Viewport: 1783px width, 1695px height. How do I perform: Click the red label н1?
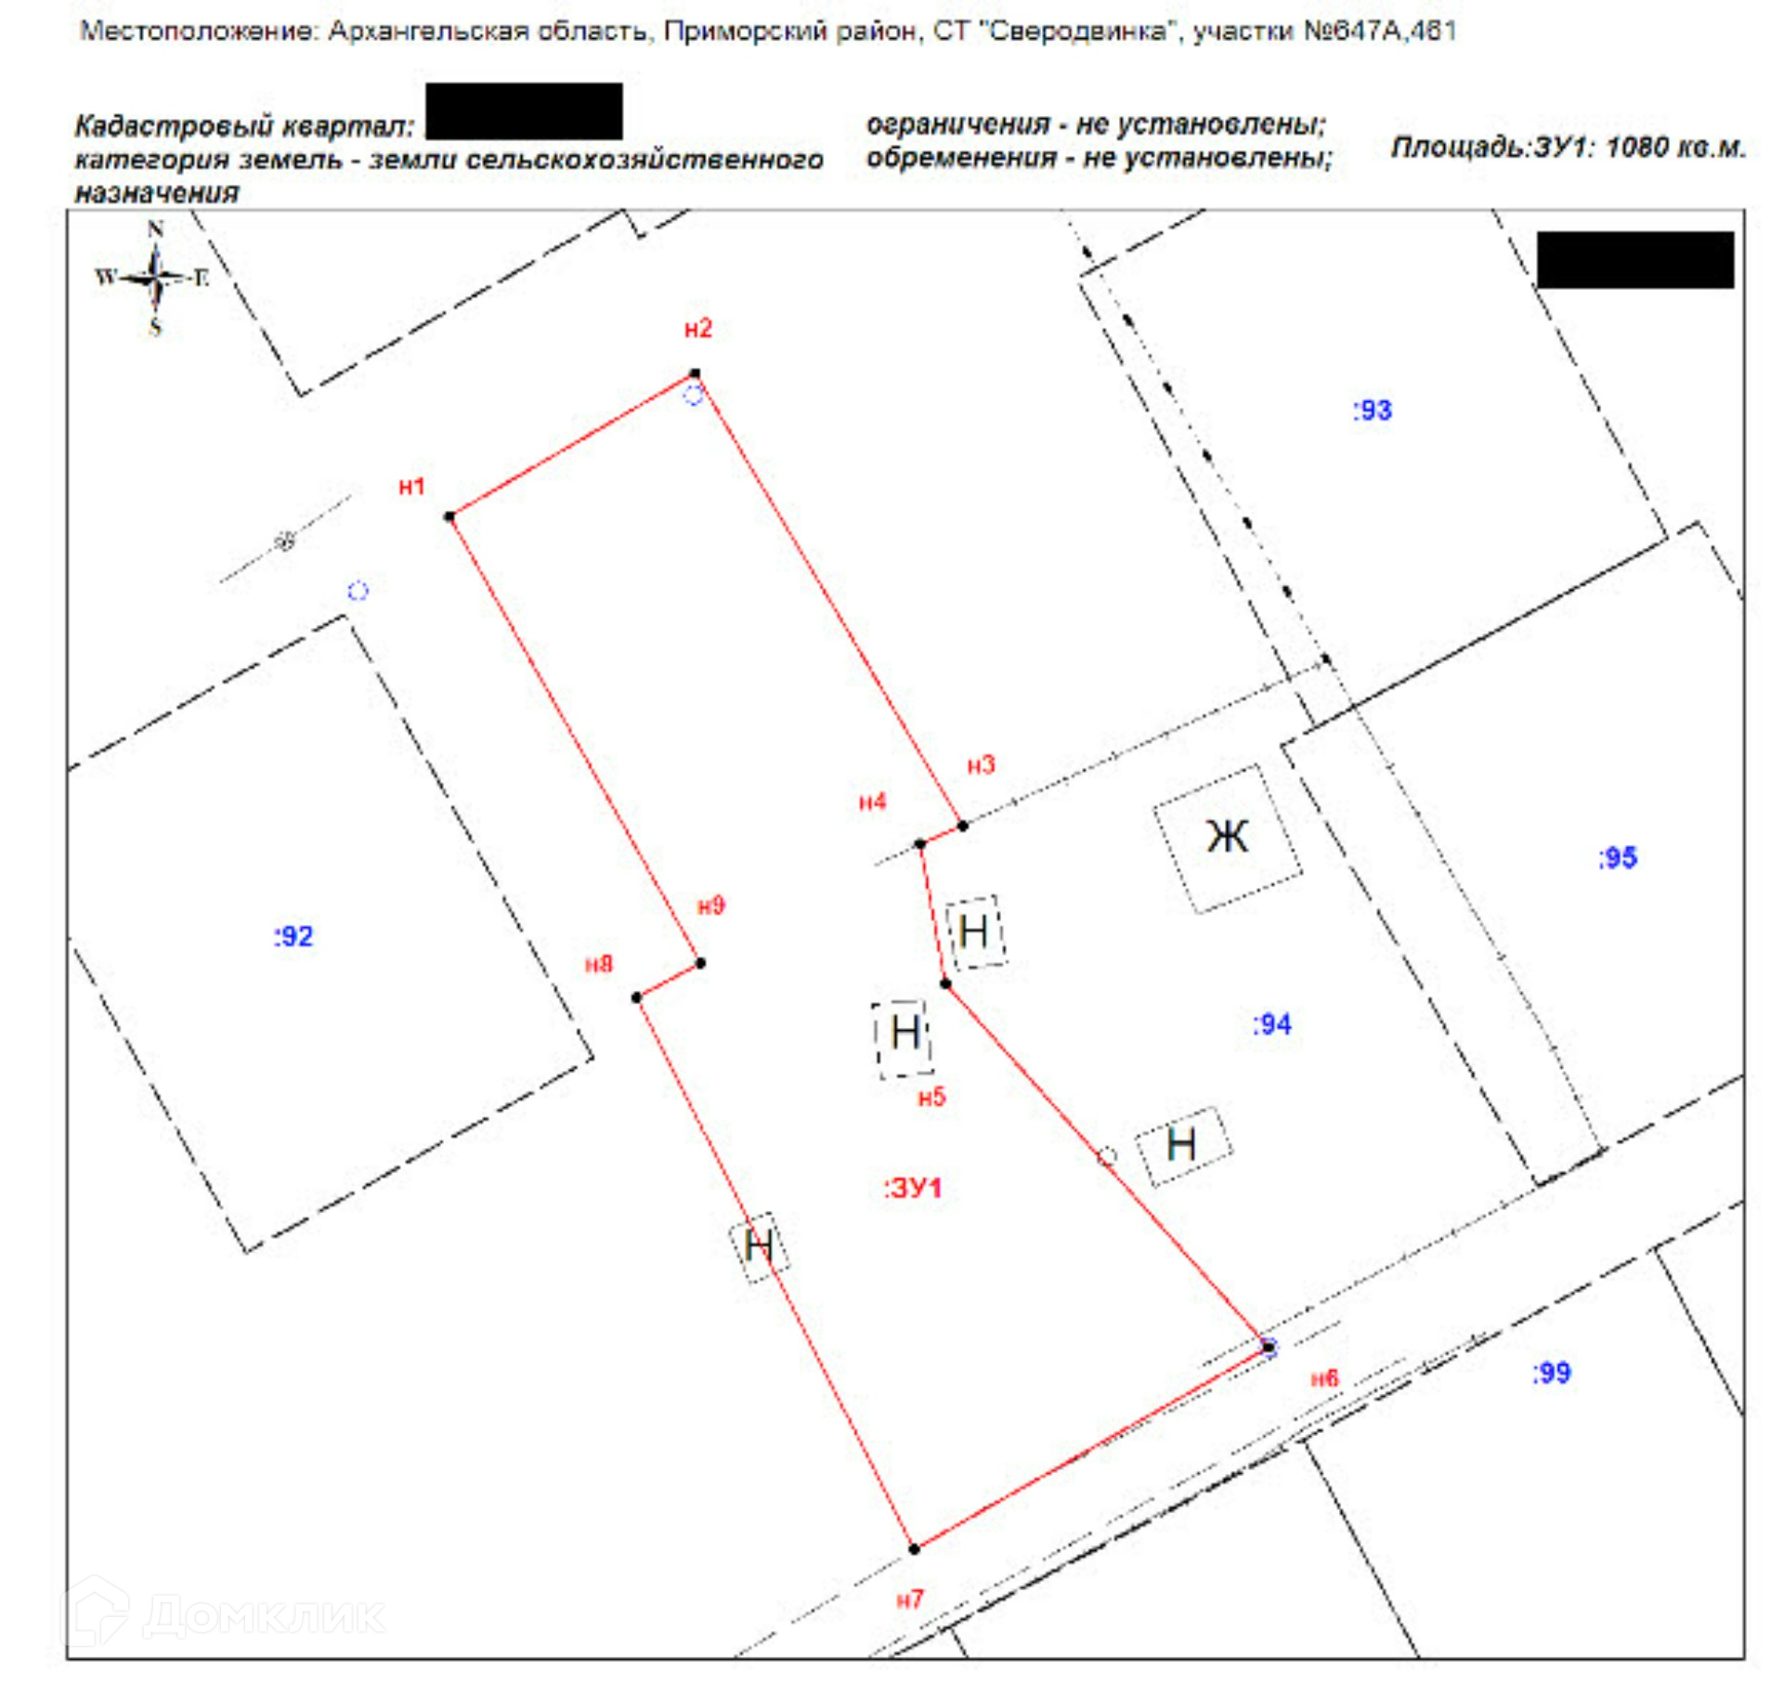[411, 486]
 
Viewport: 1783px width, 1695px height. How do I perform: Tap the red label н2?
[697, 328]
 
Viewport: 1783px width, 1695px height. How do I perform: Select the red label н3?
[981, 764]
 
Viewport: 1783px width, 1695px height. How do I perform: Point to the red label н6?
[1324, 1378]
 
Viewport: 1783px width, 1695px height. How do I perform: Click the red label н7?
[910, 1599]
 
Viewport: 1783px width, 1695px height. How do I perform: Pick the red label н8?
[599, 964]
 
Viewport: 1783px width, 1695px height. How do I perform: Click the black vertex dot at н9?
[701, 963]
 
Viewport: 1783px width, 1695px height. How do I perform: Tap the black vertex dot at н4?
[920, 844]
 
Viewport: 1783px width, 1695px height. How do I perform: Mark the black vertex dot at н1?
[449, 516]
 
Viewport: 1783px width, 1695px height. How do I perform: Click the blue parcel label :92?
[293, 936]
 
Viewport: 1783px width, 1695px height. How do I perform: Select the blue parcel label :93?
[1372, 410]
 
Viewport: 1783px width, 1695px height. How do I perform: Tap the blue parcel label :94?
[1271, 1024]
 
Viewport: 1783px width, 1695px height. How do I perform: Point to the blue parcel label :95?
[1617, 857]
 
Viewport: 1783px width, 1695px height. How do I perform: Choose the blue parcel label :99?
[1551, 1373]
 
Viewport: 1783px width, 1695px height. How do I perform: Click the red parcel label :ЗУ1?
[913, 1188]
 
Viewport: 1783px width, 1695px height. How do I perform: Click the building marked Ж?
[1227, 838]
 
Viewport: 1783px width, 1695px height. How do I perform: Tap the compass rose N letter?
[155, 228]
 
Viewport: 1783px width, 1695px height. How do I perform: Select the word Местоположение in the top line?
[199, 32]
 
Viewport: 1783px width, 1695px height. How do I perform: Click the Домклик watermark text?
[264, 1617]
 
